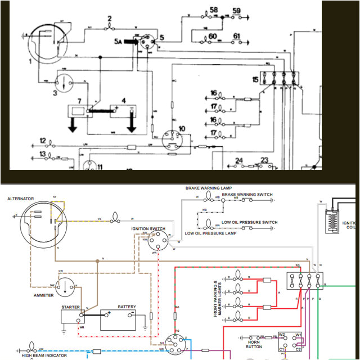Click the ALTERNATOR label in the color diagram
pos(20,199)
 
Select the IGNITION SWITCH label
pos(148,229)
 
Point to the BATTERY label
pos(127,307)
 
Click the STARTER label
pos(70,307)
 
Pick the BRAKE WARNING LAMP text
pos(209,188)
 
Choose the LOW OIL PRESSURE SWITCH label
pos(249,222)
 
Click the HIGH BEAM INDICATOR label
pos(44,355)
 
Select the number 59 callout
pos(236,11)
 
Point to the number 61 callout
pos(236,37)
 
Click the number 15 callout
pos(256,80)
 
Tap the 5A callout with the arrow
pos(118,42)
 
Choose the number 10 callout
pos(181,129)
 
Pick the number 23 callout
pos(264,160)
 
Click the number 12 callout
pos(42,140)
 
